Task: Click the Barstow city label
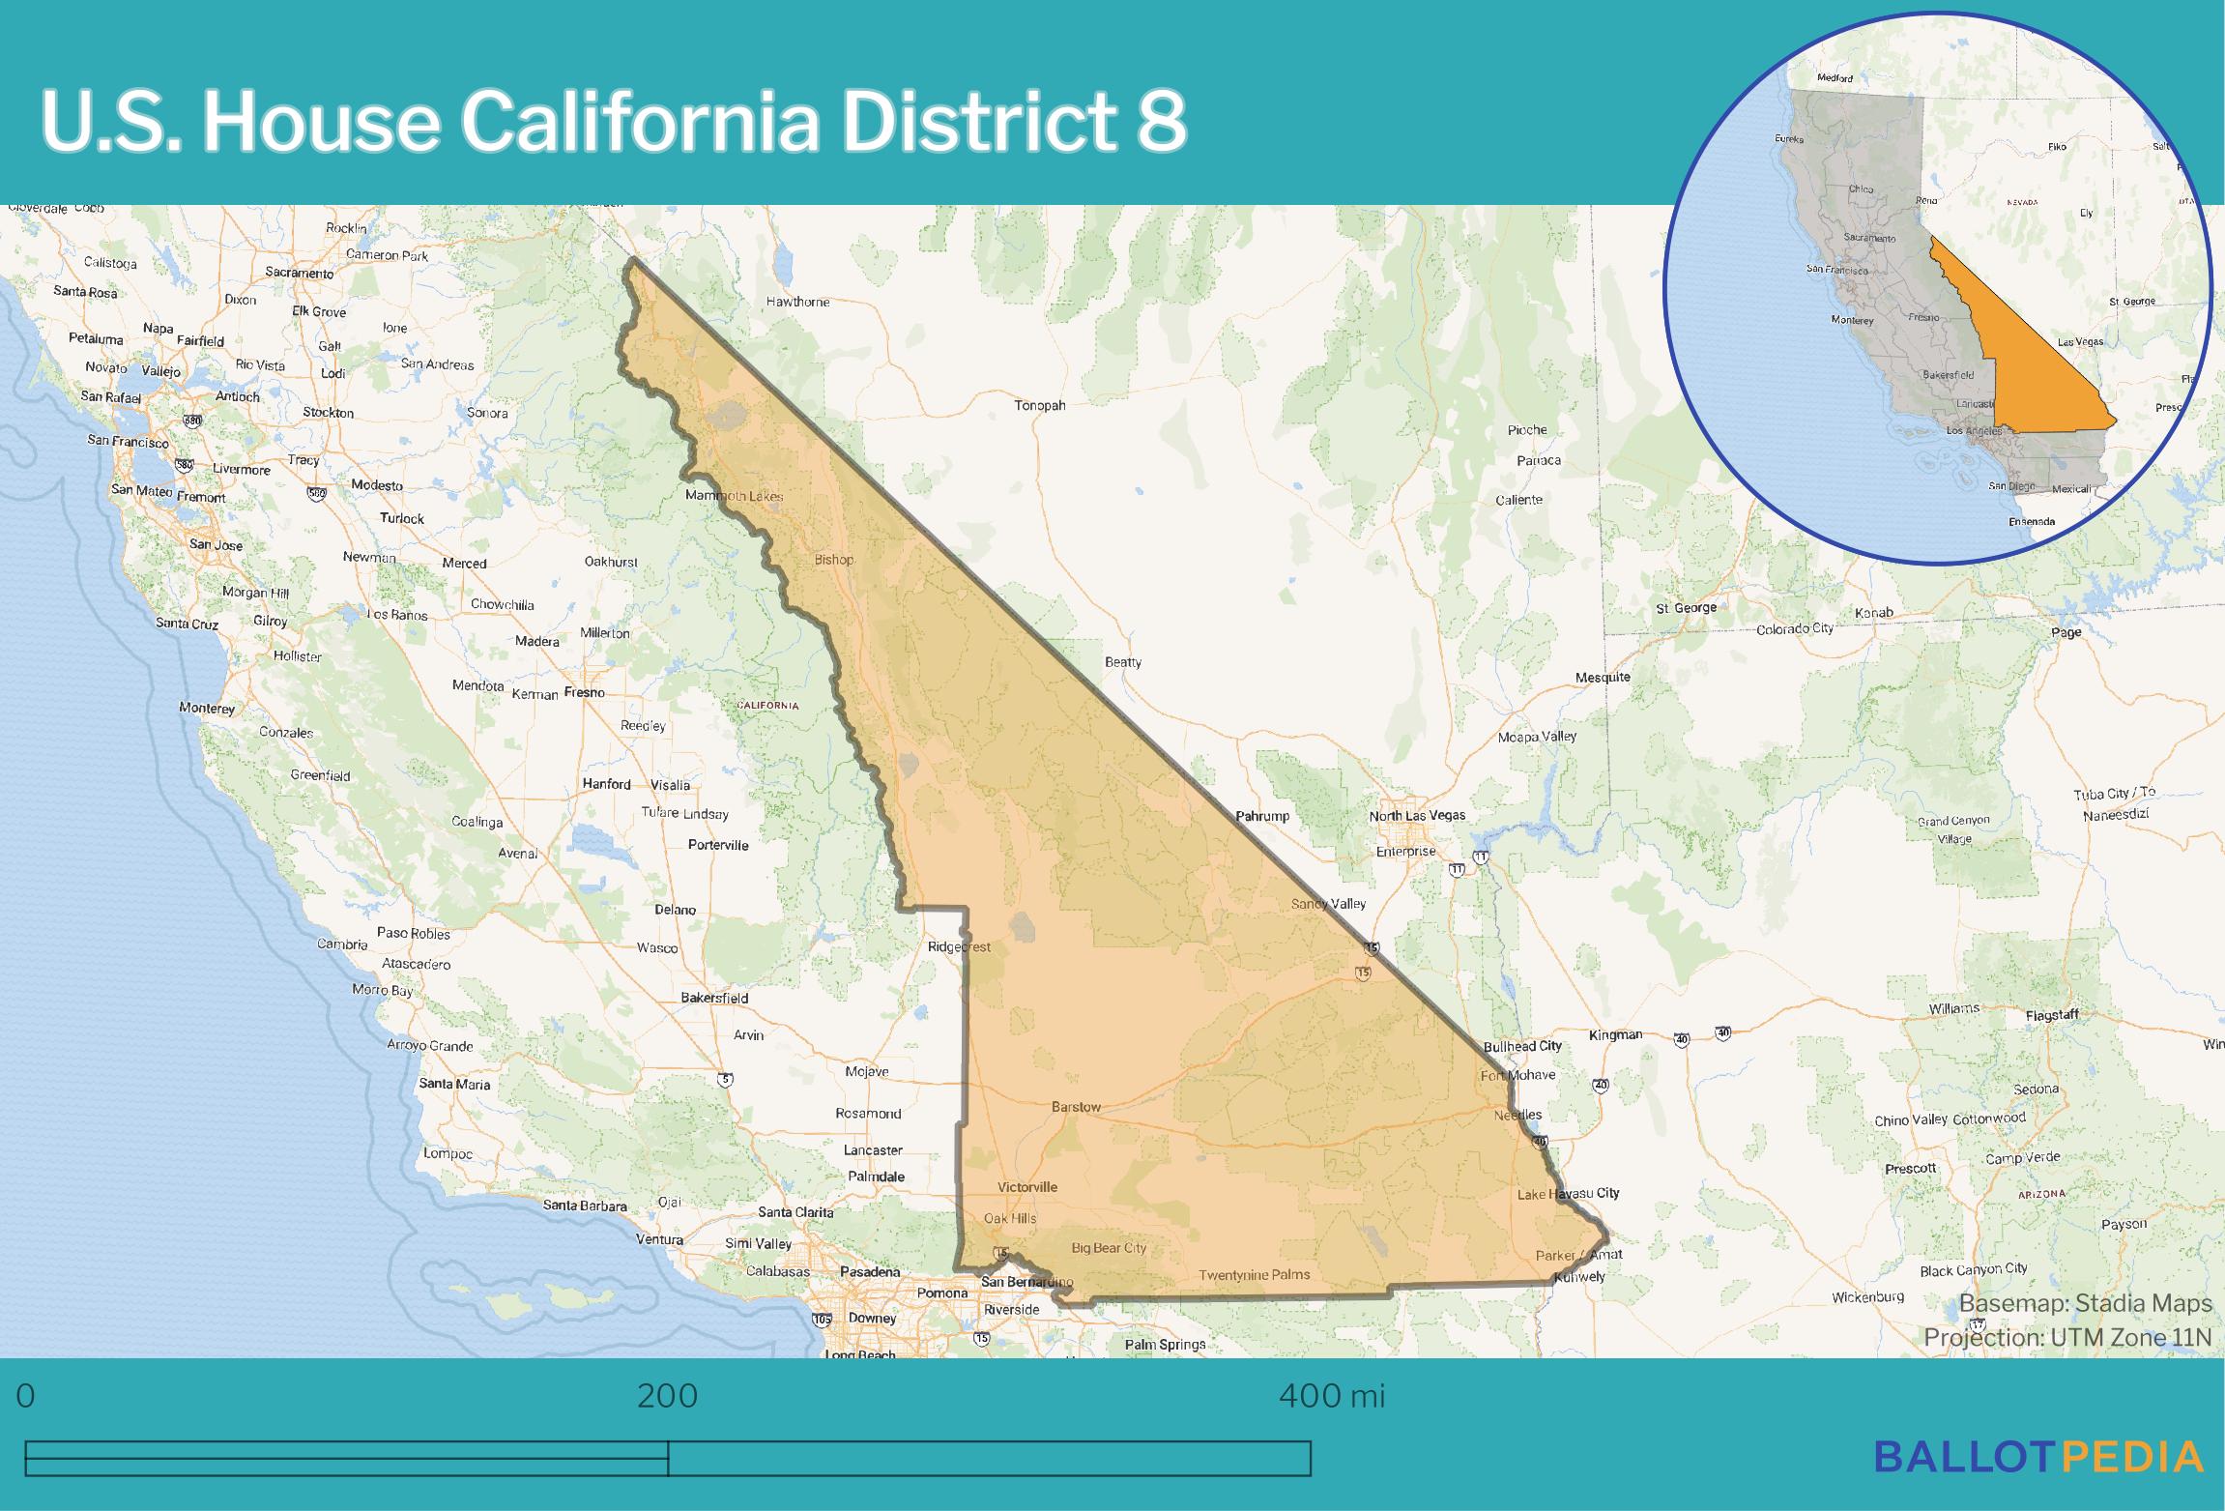(1075, 1107)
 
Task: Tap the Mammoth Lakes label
(734, 496)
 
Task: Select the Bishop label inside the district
(834, 560)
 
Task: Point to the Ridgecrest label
(959, 947)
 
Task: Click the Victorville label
(1026, 1187)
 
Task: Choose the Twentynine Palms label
(1254, 1275)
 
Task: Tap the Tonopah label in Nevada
(1039, 406)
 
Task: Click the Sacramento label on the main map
(300, 273)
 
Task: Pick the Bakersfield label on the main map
(714, 998)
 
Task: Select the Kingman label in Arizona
(1615, 1035)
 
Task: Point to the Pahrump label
(1261, 816)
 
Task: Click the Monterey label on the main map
(207, 709)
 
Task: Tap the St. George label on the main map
(1686, 608)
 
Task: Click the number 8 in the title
(1161, 123)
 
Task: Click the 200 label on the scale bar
(667, 1397)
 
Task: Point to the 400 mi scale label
(1331, 1397)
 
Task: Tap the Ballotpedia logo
(2038, 1457)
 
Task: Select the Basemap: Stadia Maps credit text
(2085, 1304)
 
